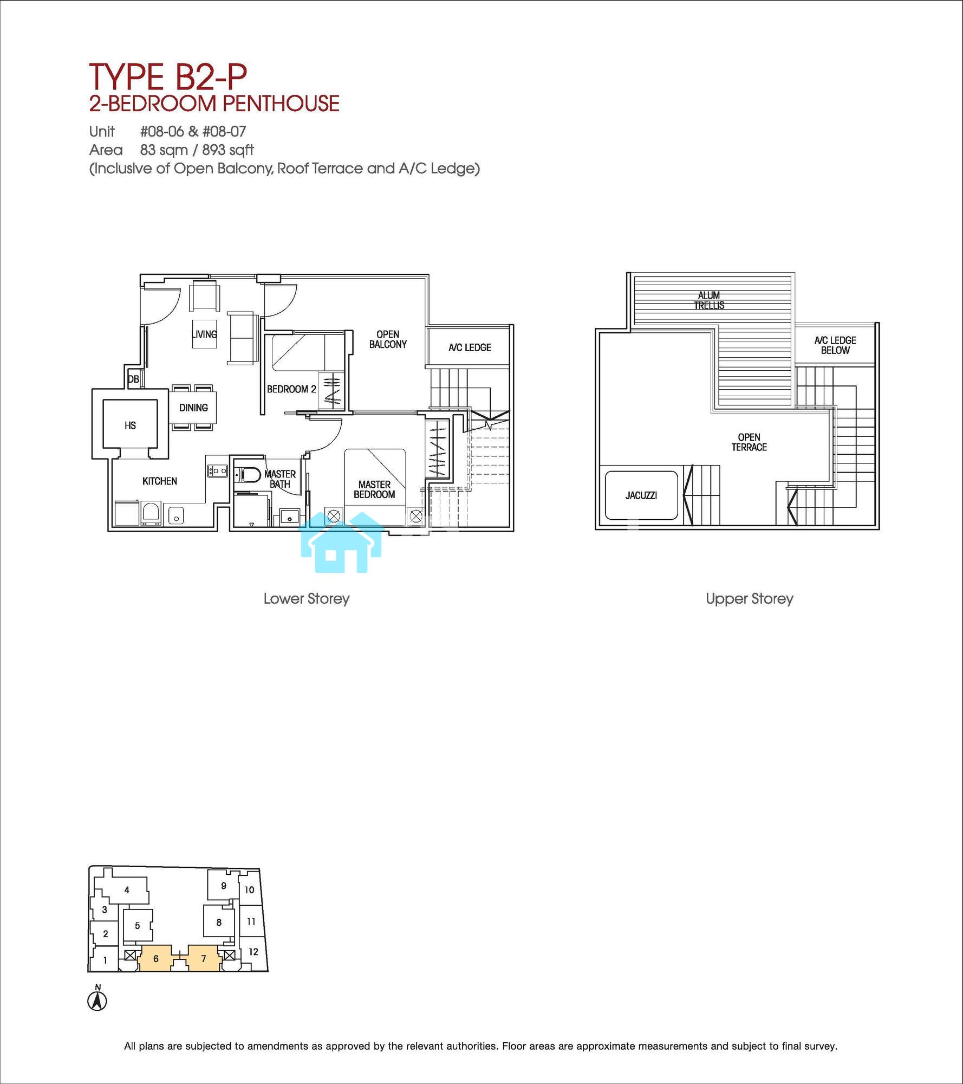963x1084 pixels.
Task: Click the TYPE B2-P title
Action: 168,76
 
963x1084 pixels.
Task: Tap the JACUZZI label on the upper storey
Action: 641,495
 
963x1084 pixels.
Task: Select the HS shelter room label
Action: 130,425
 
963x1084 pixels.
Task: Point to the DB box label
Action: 133,379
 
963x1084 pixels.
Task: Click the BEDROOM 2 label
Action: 291,389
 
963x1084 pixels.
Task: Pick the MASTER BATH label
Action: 280,479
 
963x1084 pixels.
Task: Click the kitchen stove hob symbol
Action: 217,470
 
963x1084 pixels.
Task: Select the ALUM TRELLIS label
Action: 709,300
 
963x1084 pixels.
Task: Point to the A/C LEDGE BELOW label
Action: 835,345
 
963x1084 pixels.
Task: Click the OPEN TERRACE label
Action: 749,442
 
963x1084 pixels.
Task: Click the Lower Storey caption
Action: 307,599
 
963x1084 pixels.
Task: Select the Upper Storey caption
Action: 750,599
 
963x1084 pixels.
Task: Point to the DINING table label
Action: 193,408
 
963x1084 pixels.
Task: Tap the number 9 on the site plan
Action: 224,886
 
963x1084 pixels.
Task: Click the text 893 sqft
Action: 228,150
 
